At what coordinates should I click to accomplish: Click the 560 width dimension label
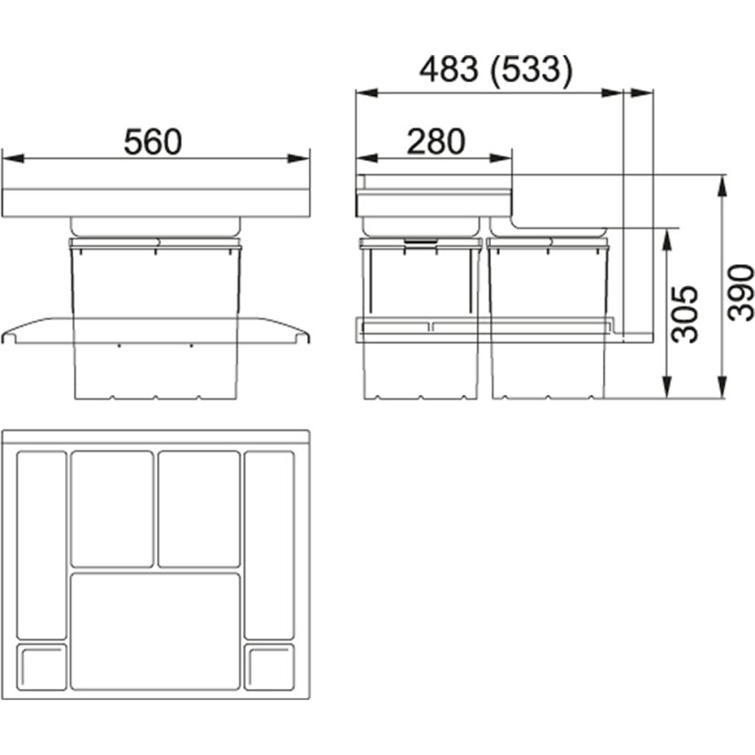[153, 142]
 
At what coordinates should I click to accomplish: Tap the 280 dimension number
[436, 142]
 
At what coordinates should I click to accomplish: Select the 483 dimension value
[449, 69]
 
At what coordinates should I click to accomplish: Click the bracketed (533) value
[532, 70]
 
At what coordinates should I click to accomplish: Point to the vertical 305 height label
[685, 314]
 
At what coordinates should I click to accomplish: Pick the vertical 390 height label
[740, 292]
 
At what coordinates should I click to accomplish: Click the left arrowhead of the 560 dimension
[13, 158]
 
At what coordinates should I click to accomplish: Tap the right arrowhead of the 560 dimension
[298, 158]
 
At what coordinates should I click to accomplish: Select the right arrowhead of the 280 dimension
[501, 158]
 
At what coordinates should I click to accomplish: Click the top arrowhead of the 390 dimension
[721, 186]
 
